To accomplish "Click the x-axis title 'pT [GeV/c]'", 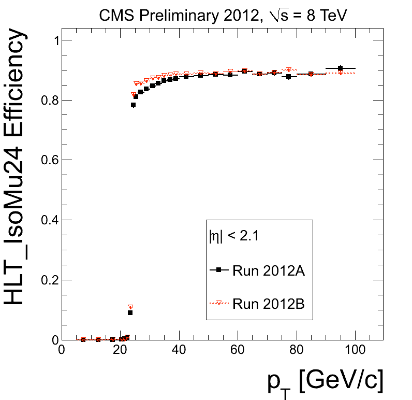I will point(325,382).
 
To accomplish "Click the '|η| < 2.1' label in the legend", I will point(233,237).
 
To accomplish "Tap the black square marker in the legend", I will point(218,270).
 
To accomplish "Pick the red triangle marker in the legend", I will point(218,303).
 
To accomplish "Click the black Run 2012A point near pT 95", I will point(340,68).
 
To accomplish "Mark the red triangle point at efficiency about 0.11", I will point(130,307).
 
